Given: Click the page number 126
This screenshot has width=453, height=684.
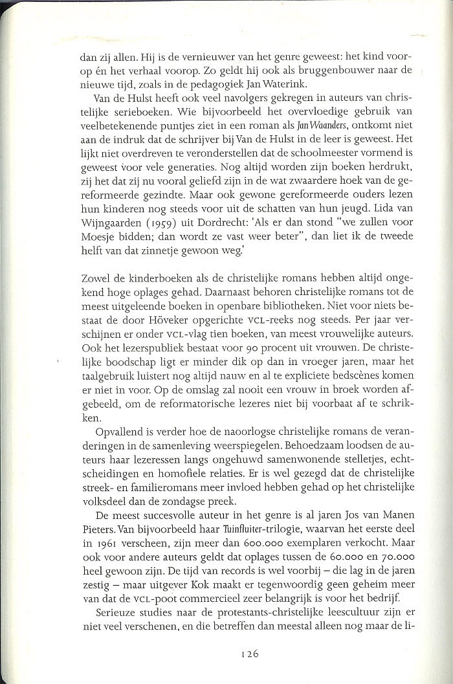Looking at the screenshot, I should tap(249, 654).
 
